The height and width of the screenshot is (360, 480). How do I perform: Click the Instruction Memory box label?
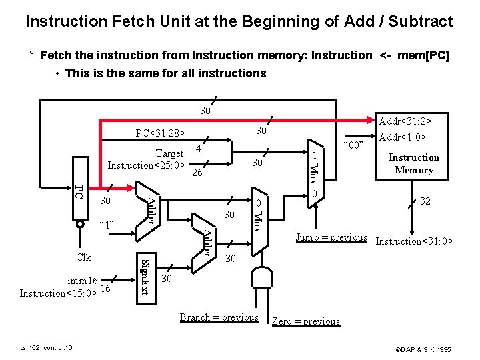[x=413, y=163]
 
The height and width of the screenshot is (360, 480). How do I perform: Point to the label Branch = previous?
[x=219, y=317]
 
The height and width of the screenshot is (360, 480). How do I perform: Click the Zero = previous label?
[x=306, y=321]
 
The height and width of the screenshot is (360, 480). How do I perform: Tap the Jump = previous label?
[x=331, y=237]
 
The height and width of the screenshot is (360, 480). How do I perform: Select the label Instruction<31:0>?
[x=414, y=241]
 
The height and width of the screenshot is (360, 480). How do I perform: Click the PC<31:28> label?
[x=160, y=133]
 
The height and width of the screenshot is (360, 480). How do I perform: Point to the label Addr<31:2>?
[x=405, y=121]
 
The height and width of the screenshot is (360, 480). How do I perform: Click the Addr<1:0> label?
[x=402, y=138]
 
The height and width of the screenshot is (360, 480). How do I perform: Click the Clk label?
[x=83, y=257]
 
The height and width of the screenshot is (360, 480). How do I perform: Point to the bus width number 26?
[x=197, y=173]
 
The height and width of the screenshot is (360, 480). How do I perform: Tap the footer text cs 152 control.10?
[x=46, y=348]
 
